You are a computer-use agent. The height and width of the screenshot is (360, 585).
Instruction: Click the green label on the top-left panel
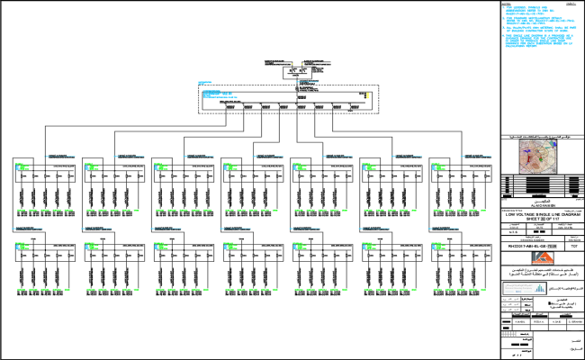20,164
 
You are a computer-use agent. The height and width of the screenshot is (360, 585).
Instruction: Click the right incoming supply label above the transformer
311,61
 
